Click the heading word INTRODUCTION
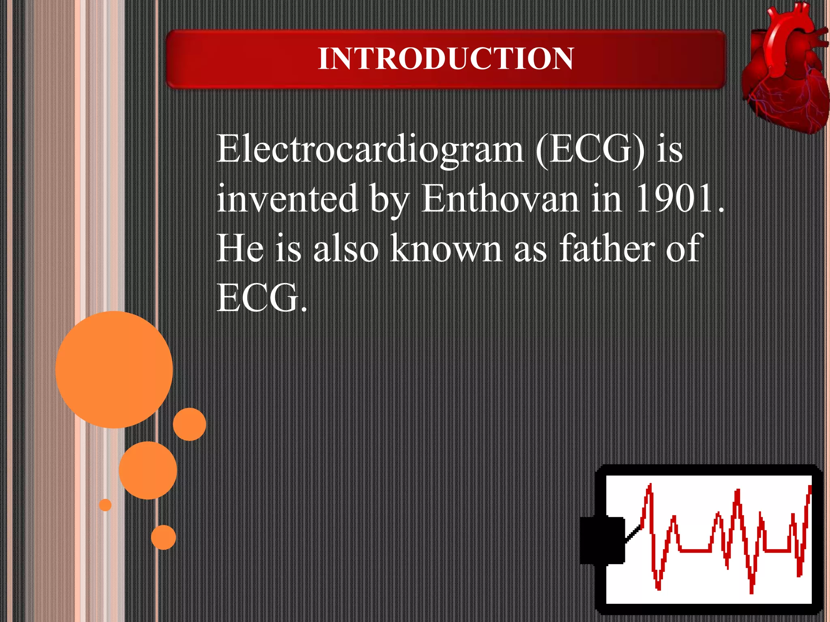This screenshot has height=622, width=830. pyautogui.click(x=445, y=59)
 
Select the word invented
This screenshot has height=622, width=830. pyautogui.click(x=287, y=198)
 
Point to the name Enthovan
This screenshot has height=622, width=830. pyautogui.click(x=500, y=198)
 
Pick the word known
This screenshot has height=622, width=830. pyautogui.click(x=446, y=248)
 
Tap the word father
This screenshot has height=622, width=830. pyautogui.click(x=606, y=248)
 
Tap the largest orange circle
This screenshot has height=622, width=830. pyautogui.click(x=114, y=369)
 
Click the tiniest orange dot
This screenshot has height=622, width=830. pyautogui.click(x=105, y=505)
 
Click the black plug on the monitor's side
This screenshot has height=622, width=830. pyautogui.click(x=602, y=540)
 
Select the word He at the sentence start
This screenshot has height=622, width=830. pyautogui.click(x=240, y=248)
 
